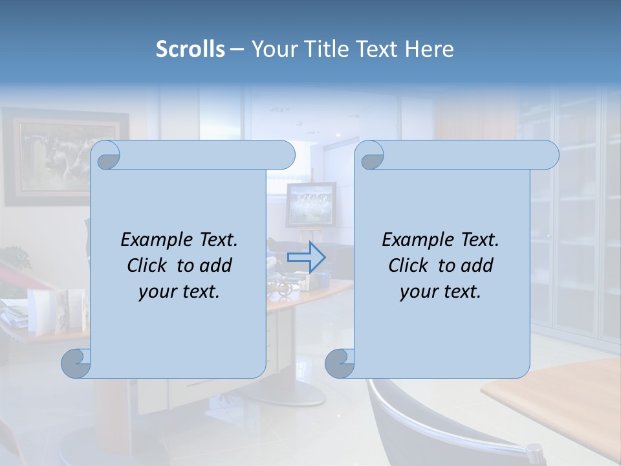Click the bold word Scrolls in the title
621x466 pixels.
190,49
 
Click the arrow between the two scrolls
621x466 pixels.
306,257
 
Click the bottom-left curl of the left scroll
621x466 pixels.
76,363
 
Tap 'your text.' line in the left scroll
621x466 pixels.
179,291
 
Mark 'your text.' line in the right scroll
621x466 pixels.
441,291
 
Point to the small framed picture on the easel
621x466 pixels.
311,204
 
